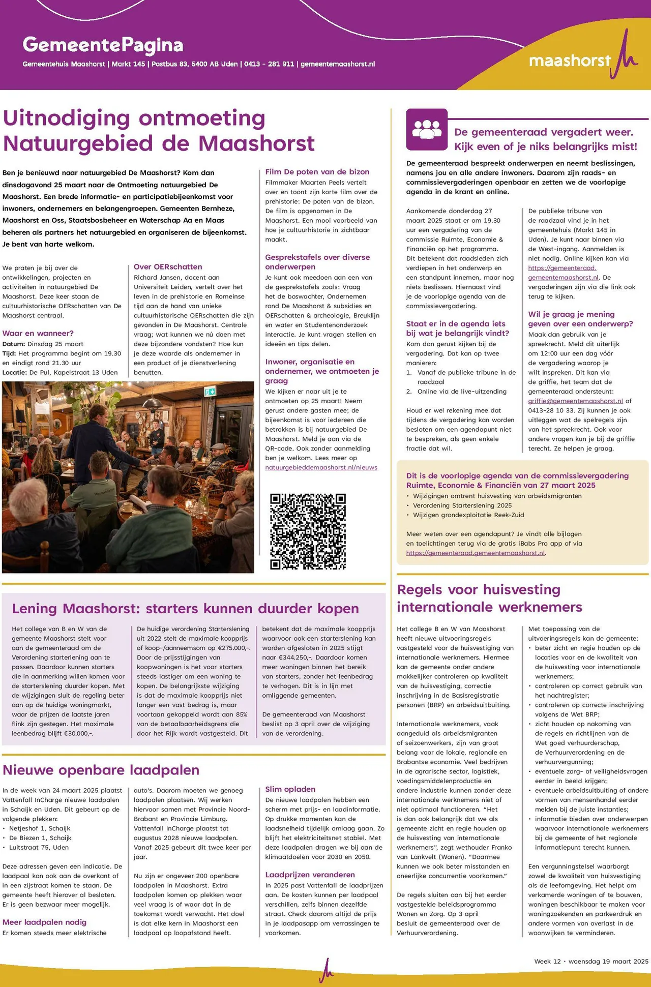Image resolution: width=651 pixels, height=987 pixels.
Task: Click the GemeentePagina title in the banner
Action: (103, 45)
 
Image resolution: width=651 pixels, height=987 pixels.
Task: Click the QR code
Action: (308, 531)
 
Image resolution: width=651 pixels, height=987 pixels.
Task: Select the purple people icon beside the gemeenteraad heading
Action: (427, 129)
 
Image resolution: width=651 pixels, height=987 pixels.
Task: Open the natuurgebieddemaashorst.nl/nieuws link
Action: (321, 467)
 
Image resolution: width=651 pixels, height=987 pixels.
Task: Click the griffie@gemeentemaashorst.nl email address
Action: (575, 401)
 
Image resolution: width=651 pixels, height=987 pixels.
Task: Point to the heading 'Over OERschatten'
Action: (168, 266)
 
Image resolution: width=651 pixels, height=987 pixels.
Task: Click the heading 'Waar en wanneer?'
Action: (38, 333)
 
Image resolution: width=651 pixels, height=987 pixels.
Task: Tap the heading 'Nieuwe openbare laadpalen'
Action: (101, 770)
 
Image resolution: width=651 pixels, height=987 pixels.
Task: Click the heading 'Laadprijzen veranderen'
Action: (310, 874)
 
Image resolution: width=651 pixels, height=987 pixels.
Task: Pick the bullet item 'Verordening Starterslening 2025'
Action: (462, 505)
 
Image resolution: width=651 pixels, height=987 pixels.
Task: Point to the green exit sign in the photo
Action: (210, 391)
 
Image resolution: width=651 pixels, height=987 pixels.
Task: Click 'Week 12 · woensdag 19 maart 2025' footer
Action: (591, 961)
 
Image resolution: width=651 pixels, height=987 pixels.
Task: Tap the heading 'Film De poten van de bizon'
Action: (317, 172)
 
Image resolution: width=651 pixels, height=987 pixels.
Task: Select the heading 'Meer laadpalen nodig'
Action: (44, 922)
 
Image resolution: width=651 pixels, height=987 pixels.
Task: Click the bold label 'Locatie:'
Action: (15, 372)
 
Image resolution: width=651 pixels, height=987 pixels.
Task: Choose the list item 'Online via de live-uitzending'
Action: (462, 391)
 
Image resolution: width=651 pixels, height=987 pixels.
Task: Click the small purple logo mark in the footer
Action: (326, 969)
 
